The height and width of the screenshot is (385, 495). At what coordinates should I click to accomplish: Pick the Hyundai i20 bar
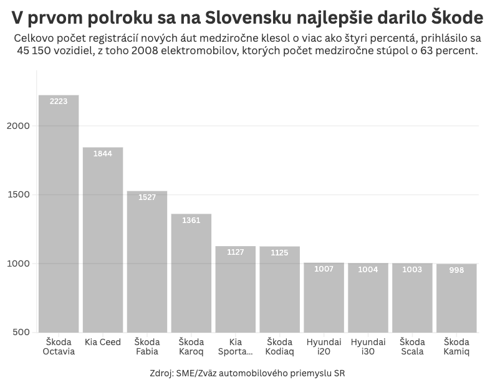click(x=324, y=297)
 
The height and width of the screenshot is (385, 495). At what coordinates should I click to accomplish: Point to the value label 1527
click(x=147, y=197)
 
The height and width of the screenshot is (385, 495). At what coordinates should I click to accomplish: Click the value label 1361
click(x=191, y=220)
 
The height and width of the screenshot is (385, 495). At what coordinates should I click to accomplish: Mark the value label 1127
click(x=236, y=252)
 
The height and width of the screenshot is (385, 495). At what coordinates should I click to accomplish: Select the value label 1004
click(x=368, y=270)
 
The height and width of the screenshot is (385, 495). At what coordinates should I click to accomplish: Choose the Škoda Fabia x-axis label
click(x=147, y=346)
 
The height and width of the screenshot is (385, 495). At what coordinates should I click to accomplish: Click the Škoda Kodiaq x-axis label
click(x=280, y=346)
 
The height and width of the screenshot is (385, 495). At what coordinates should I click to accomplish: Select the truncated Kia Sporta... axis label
click(x=236, y=346)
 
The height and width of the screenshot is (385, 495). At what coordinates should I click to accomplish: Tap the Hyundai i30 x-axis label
click(x=368, y=346)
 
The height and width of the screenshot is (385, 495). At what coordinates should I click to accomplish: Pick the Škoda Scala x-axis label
click(x=412, y=346)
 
